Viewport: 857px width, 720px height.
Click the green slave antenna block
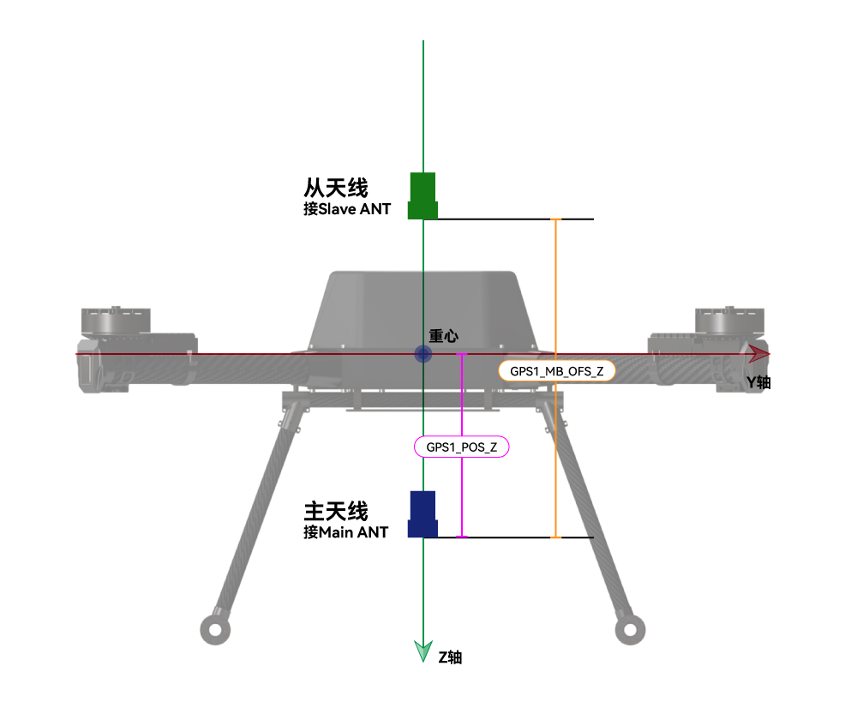pos(423,195)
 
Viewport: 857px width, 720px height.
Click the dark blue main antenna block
pos(423,514)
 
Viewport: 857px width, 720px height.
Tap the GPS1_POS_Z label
pos(461,447)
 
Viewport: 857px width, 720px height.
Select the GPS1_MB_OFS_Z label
pos(556,371)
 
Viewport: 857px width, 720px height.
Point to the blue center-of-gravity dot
pos(423,354)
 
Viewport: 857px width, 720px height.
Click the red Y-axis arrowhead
pos(759,354)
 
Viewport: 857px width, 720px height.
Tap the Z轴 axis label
pos(451,657)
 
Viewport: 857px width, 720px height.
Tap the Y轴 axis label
pos(758,382)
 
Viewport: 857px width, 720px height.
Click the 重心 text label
pos(443,336)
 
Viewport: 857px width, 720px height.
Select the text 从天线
pos(336,188)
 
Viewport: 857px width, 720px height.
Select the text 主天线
pos(336,512)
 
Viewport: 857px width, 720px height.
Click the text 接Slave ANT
pos(347,209)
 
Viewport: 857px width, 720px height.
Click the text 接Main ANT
pos(346,532)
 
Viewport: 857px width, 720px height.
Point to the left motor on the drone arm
pos(116,321)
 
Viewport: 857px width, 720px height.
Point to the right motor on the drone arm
pos(729,321)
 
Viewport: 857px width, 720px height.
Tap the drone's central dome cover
pos(423,309)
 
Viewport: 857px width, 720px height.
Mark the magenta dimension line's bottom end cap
pos(462,537)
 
